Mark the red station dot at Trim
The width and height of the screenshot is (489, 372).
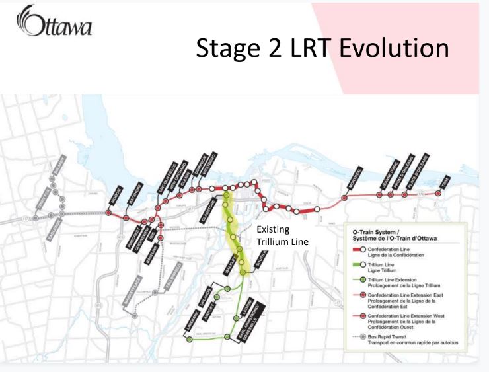(x=437, y=194)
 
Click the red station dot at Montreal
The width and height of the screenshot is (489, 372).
(x=344, y=197)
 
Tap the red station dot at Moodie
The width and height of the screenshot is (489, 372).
(x=108, y=213)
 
